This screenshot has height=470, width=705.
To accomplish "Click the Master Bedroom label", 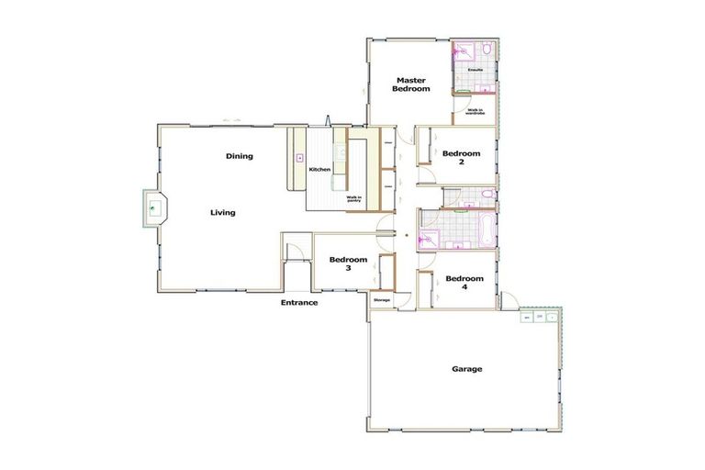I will (x=411, y=84).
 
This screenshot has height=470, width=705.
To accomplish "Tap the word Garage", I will (x=466, y=369).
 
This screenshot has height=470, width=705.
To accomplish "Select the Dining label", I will (x=239, y=156).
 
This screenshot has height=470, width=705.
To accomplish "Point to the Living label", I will (x=222, y=213).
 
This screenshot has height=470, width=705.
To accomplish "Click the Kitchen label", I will (x=319, y=170).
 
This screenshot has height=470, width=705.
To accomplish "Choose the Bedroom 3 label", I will (x=348, y=263).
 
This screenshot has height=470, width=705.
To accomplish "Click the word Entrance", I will (x=299, y=302).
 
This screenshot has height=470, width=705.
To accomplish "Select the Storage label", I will (x=382, y=299).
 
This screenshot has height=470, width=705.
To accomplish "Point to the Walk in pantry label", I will (x=354, y=199).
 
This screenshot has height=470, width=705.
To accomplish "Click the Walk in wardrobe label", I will (x=476, y=111).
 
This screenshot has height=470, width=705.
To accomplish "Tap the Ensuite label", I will (x=476, y=70).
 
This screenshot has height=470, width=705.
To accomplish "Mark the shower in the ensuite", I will (x=461, y=51).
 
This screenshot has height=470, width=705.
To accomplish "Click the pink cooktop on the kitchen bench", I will (x=299, y=159).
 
